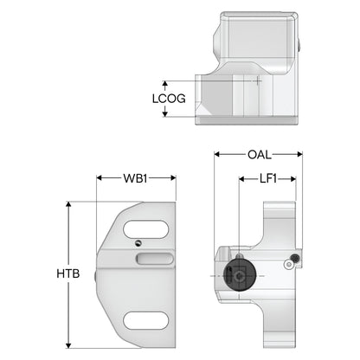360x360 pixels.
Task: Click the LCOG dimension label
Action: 169,99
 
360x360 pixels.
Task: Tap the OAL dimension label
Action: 260,155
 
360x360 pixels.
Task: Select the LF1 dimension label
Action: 268,179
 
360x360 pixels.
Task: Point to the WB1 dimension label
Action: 135,178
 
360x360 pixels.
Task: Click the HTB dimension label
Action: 68,273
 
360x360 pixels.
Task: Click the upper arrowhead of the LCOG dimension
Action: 165,84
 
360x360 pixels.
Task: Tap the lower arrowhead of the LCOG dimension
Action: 165,114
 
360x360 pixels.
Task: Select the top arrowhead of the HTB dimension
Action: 68,204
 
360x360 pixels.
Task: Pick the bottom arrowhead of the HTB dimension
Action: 68,345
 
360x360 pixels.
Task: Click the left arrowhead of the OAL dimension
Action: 217,155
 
